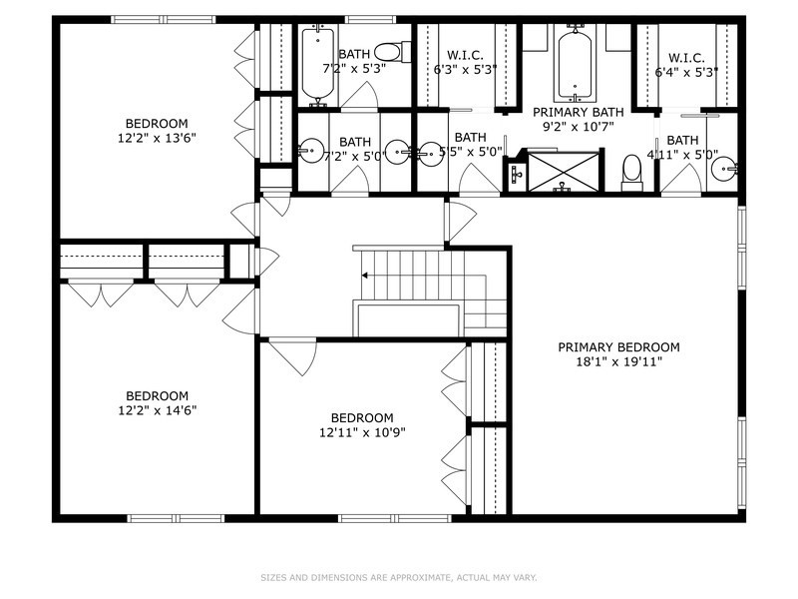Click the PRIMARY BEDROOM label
click(618, 347)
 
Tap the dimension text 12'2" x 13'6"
click(156, 139)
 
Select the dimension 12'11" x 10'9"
click(362, 432)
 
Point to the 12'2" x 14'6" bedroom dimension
click(157, 409)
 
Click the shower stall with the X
click(564, 172)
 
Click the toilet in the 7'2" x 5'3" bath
click(392, 51)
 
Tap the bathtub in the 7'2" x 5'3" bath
click(317, 63)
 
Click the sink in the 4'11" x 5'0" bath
click(725, 170)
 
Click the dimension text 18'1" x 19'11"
click(618, 362)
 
